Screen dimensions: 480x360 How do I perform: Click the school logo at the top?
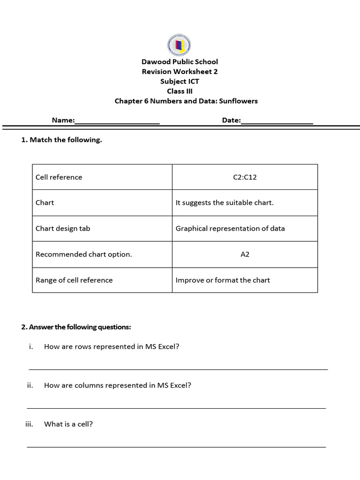point(179,45)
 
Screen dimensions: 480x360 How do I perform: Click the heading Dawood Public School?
point(180,62)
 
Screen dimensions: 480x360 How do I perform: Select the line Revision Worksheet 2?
point(180,72)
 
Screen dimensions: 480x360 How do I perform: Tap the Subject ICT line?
point(180,82)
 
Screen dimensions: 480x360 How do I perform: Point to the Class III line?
point(180,91)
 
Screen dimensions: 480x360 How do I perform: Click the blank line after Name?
point(117,121)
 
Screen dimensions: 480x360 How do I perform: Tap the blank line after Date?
point(277,121)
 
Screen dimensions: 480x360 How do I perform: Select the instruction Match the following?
point(66,140)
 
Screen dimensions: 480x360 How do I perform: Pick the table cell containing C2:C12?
point(245,177)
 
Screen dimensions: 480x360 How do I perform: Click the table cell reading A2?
point(245,255)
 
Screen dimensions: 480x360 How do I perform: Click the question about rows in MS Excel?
point(112,347)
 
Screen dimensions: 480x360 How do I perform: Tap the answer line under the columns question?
point(176,407)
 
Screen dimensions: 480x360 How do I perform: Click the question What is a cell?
point(68,424)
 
